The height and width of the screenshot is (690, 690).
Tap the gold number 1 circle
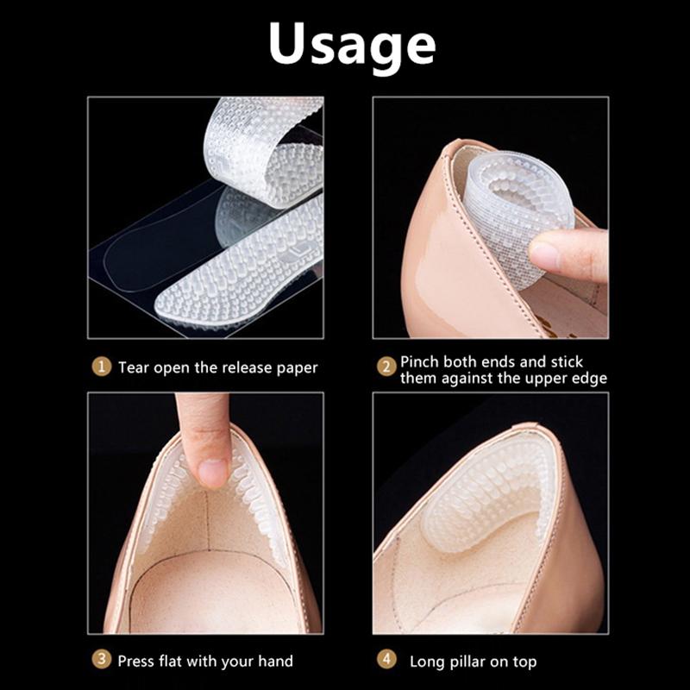point(102,367)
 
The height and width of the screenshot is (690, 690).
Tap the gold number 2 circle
point(387,367)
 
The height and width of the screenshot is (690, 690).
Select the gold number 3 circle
point(102,661)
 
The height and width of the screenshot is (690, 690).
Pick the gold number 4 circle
point(387,661)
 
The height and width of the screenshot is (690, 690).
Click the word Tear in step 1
point(135,367)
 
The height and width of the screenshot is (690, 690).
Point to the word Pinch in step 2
point(420,361)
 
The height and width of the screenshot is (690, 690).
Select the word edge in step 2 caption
point(589,379)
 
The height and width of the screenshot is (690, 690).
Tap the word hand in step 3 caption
point(275,661)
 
